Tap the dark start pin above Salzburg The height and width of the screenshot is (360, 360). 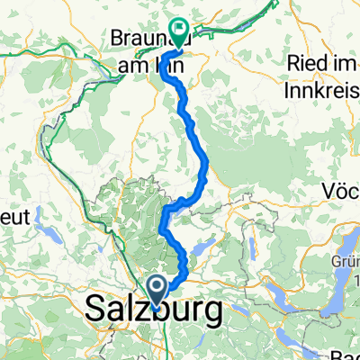click(156, 290)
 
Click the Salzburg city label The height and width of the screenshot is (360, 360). click(154, 311)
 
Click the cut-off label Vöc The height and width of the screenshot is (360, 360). click(343, 192)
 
